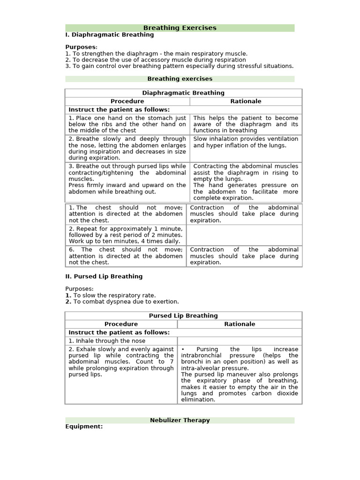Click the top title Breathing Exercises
point(180,28)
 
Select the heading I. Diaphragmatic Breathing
point(110,35)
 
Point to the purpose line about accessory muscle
point(156,60)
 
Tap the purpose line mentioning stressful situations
point(180,66)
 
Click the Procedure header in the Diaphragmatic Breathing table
point(127,101)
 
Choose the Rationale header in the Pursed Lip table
point(240,324)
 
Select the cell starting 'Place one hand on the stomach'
point(127,124)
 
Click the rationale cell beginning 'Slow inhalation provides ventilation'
point(246,142)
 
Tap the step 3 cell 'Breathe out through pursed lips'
point(127,179)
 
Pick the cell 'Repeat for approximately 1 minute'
point(126,234)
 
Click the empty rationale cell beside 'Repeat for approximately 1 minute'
point(244,235)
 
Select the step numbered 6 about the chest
point(126,256)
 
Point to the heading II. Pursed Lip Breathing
point(104,277)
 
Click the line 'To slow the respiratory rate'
point(111,295)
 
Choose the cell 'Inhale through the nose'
point(107,341)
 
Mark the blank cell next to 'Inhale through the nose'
point(240,341)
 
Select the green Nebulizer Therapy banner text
point(180,420)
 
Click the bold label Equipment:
point(84,427)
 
